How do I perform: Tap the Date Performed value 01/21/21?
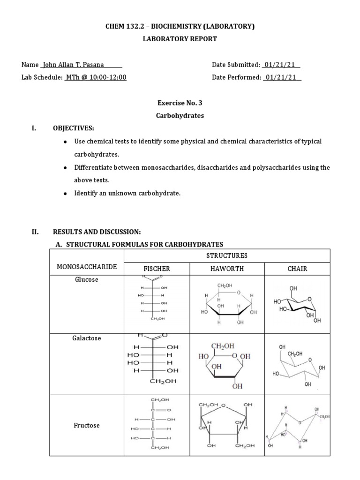point(282,78)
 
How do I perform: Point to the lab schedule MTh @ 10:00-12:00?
point(96,78)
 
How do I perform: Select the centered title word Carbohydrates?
point(180,116)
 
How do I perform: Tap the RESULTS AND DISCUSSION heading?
point(97,232)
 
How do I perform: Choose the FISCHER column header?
point(156,269)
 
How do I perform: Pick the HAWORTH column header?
point(227,269)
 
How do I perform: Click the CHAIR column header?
point(297,269)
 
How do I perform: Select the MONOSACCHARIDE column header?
point(86,267)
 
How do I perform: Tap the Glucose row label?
point(86,279)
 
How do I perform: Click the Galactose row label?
point(86,338)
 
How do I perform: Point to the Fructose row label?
point(86,426)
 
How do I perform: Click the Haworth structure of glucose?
point(227,304)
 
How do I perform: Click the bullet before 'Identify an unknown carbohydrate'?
point(65,194)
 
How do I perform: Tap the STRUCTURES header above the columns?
point(227,255)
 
